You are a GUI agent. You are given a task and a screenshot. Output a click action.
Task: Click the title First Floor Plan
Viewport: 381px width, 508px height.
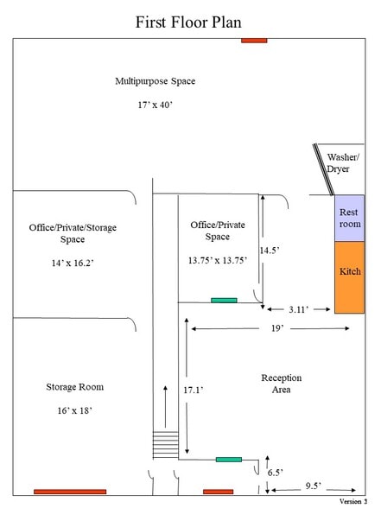click(188, 22)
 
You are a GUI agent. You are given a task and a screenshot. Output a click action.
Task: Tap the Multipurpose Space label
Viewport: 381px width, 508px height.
click(156, 81)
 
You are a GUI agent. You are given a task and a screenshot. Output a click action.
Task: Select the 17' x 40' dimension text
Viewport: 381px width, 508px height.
click(156, 105)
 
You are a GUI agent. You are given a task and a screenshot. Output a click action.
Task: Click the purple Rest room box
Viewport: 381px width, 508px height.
click(350, 218)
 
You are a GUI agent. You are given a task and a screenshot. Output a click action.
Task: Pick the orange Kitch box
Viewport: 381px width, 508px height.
click(350, 277)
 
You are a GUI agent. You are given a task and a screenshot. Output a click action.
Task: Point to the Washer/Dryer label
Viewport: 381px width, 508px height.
click(343, 163)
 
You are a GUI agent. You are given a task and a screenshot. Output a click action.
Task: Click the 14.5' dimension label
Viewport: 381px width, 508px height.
click(270, 251)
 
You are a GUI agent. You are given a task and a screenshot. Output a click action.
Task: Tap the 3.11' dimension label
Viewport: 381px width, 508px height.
click(298, 309)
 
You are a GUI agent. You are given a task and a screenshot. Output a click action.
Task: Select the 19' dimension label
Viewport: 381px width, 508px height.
click(277, 328)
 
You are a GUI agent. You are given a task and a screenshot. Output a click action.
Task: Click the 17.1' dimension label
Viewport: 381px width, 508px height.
click(194, 390)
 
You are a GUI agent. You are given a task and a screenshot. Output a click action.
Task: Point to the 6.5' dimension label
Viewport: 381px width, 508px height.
click(275, 473)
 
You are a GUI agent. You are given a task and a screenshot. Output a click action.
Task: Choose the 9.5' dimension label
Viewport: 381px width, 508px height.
click(314, 486)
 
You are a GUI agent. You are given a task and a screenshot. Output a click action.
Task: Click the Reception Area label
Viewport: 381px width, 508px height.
click(282, 384)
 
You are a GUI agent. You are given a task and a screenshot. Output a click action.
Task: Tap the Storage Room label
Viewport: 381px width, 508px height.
click(75, 387)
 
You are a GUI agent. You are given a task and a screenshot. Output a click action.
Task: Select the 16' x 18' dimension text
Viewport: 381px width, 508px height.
click(75, 411)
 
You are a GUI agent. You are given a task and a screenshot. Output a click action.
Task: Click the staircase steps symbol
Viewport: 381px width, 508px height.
click(166, 445)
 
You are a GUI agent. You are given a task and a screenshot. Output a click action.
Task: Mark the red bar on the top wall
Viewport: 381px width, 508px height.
click(254, 41)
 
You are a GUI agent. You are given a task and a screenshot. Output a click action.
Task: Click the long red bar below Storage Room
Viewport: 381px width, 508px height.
click(70, 492)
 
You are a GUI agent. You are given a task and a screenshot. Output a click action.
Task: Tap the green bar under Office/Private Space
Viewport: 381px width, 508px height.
click(224, 301)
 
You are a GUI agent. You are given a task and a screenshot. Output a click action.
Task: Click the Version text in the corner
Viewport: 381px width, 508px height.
click(353, 501)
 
